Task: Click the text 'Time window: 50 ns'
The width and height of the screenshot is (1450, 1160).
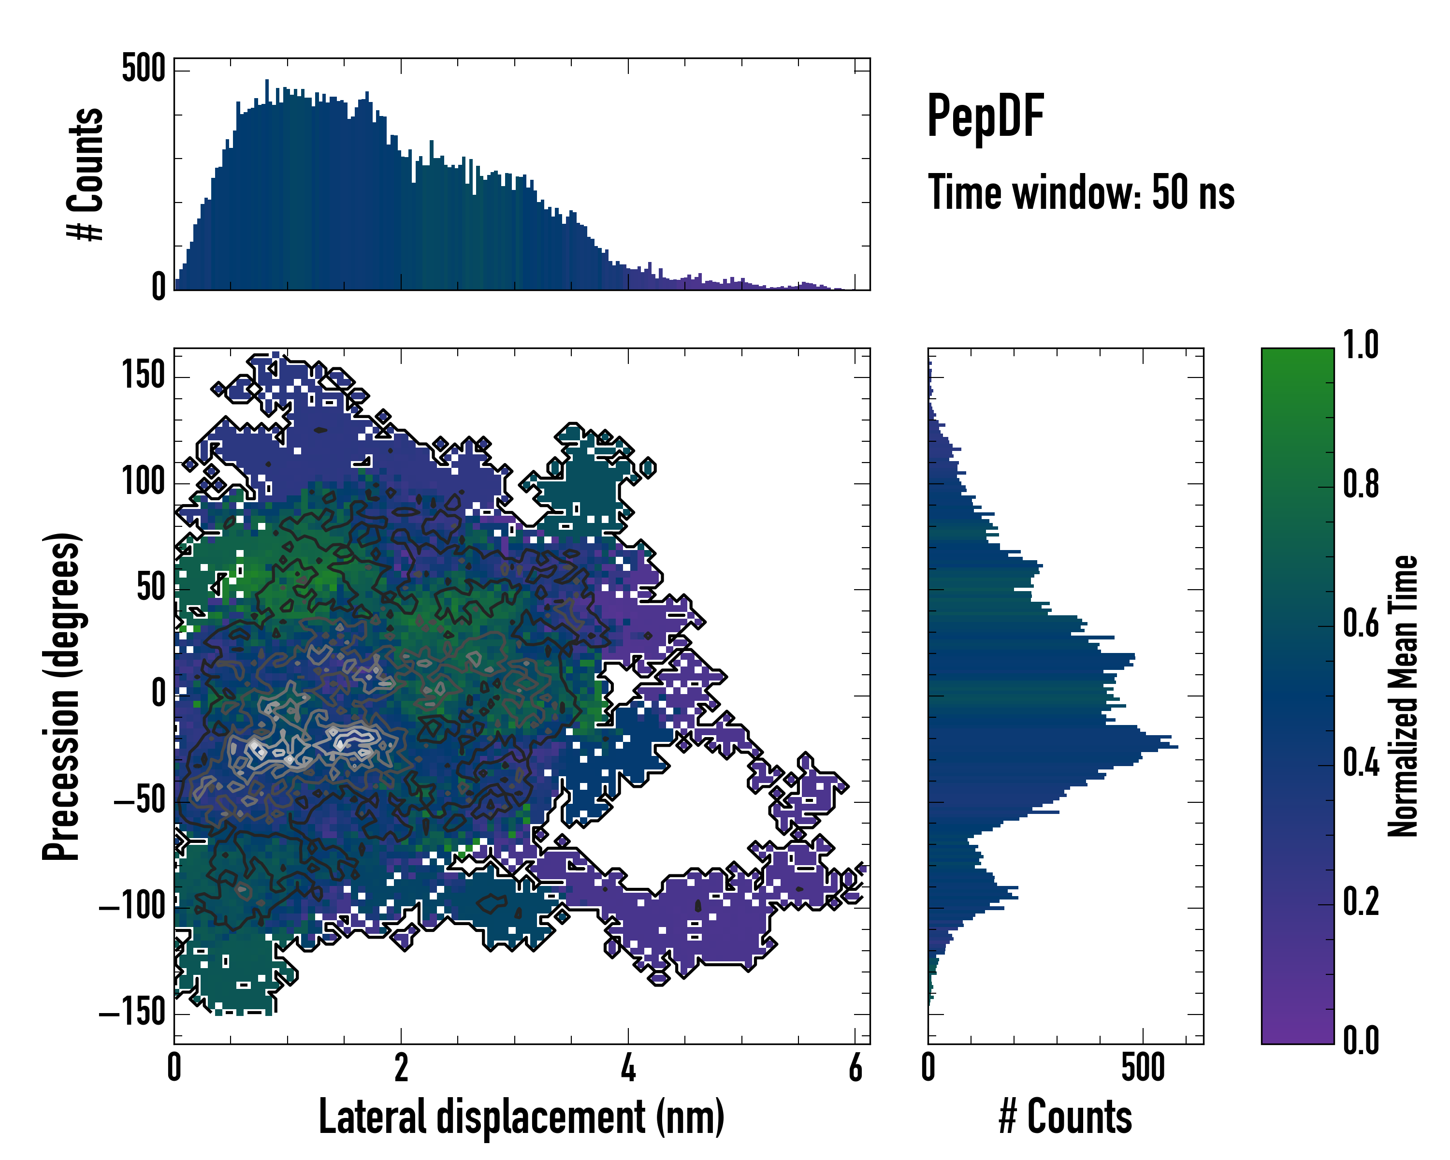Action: tap(1081, 192)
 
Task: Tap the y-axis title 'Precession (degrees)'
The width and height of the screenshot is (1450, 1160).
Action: tap(62, 696)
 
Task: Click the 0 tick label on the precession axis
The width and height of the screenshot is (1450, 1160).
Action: tap(159, 694)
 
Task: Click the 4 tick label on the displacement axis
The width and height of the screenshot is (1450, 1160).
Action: tap(628, 1068)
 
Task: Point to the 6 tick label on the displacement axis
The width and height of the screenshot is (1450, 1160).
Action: tap(855, 1068)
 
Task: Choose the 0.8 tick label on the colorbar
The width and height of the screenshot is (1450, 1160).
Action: tap(1361, 485)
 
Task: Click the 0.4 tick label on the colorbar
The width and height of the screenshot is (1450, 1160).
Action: tap(1361, 763)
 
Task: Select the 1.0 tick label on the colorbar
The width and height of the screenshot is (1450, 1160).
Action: tap(1361, 346)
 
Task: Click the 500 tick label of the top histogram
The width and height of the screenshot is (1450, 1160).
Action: tap(143, 69)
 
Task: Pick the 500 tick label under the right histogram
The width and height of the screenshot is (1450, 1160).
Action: tap(1143, 1068)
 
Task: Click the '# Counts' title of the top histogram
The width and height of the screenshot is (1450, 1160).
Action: tap(86, 174)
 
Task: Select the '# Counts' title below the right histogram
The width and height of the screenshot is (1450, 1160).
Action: tap(1065, 1117)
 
